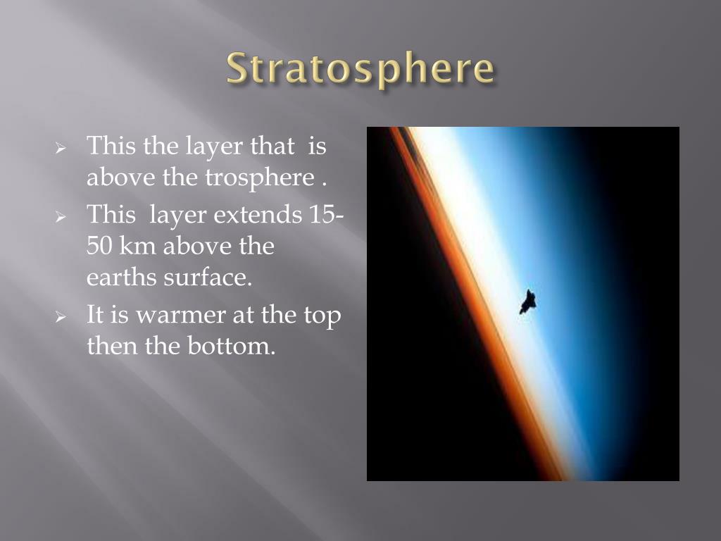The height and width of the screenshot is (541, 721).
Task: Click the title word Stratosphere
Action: coord(360,70)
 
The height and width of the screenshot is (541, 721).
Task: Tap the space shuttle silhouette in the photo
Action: coord(527,301)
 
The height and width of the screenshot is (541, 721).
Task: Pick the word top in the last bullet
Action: coord(322,316)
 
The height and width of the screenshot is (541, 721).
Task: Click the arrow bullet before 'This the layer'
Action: coord(61,149)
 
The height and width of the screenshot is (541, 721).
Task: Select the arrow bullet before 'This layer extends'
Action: coord(61,216)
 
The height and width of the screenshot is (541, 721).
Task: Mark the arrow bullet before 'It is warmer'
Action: coord(61,316)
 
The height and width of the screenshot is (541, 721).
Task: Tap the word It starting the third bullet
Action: coord(96,314)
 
